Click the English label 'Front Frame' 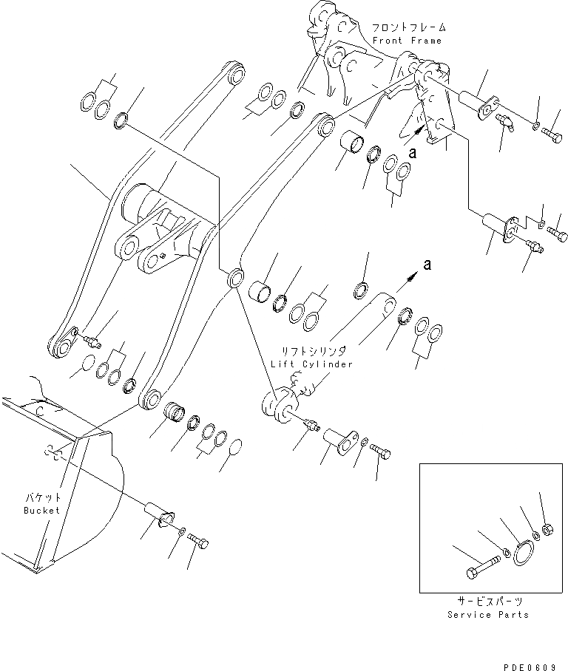pyautogui.click(x=407, y=41)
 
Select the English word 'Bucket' pyautogui.click(x=41, y=511)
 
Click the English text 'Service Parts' pyautogui.click(x=489, y=615)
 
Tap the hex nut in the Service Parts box pyautogui.click(x=549, y=530)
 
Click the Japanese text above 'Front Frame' pyautogui.click(x=408, y=27)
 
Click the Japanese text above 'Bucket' pyautogui.click(x=41, y=499)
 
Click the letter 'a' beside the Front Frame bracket pyautogui.click(x=413, y=154)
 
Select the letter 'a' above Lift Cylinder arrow pyautogui.click(x=427, y=263)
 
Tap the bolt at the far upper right pyautogui.click(x=552, y=134)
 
